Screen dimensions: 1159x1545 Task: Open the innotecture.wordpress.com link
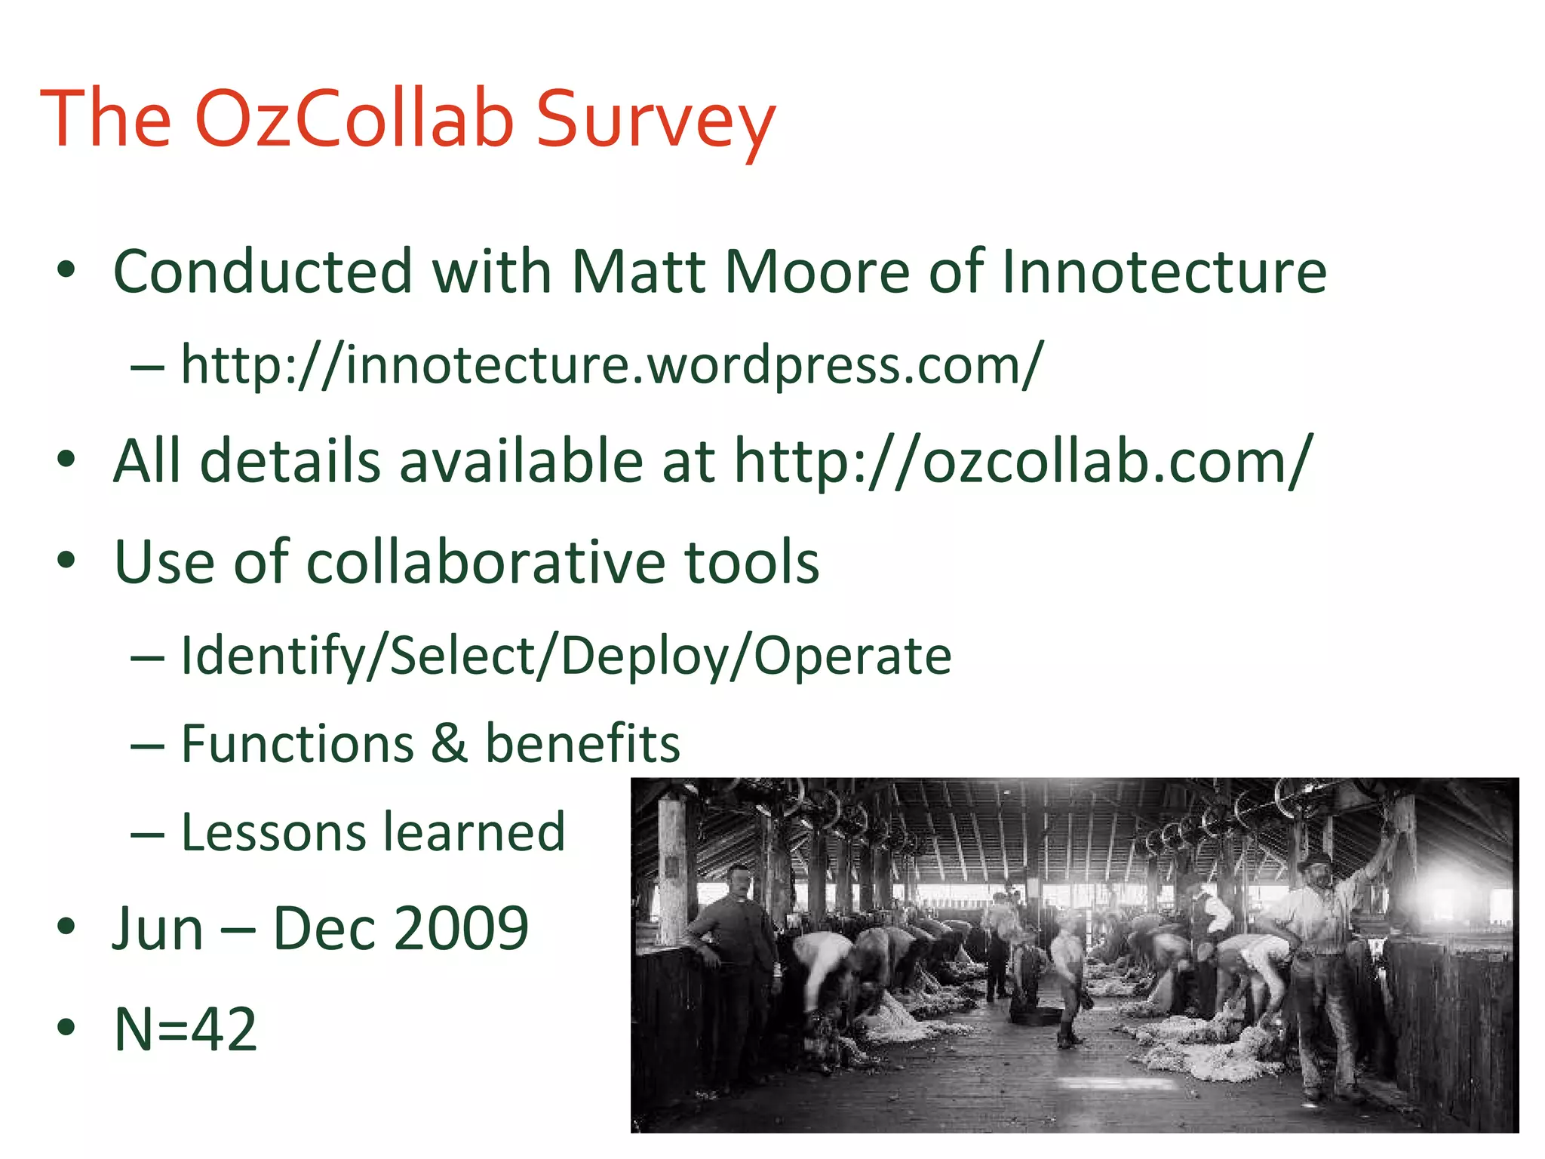point(612,365)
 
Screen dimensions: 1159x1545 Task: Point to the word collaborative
point(485,562)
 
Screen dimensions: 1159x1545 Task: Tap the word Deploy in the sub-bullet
point(645,656)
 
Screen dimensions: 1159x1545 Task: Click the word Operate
point(852,656)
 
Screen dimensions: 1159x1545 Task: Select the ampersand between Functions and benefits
point(450,743)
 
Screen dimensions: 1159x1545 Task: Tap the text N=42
point(186,1029)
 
